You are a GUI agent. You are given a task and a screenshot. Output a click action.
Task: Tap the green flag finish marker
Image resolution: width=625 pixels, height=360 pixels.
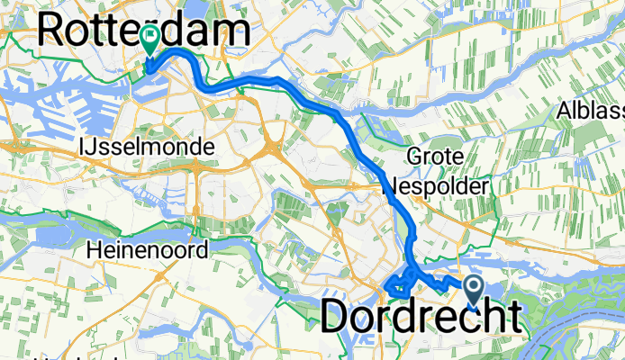150,38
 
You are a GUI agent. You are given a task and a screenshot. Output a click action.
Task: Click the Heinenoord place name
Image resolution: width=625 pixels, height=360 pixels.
148,249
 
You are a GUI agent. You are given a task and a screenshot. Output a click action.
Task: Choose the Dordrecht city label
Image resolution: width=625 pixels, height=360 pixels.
420,317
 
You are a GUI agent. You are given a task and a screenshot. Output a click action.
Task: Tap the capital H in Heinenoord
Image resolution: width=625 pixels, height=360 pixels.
95,249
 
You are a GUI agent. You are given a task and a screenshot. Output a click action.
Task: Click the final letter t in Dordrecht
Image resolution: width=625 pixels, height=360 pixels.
512,317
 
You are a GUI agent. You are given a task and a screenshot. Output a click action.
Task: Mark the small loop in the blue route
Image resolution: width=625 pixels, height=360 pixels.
395,286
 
